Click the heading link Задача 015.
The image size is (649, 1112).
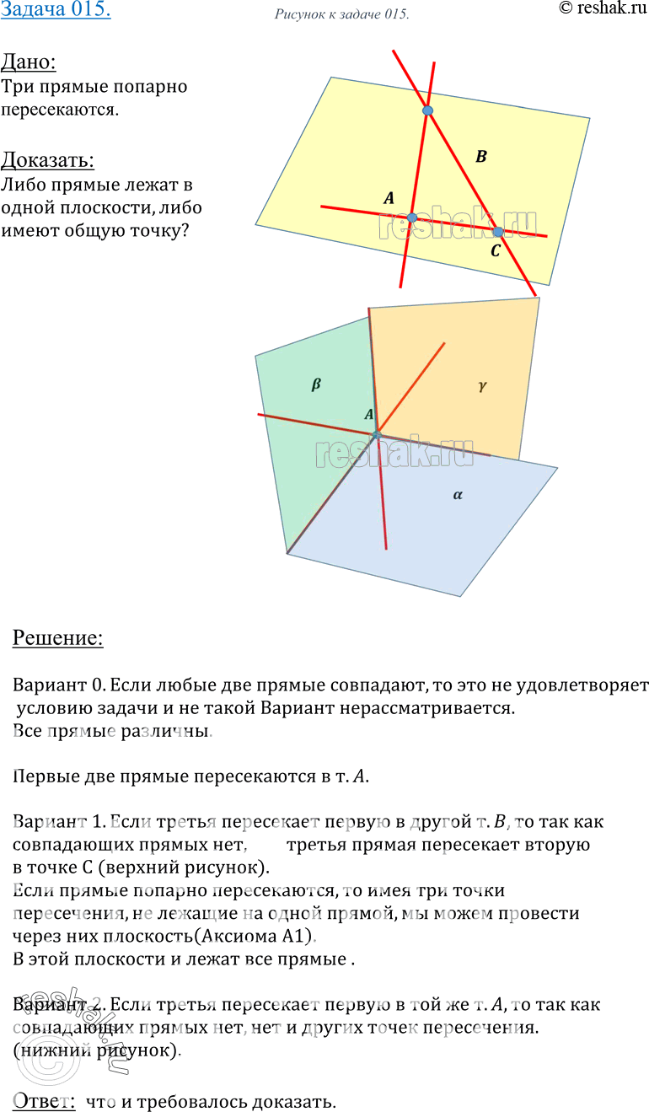point(56,12)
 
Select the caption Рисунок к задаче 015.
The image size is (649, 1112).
point(342,15)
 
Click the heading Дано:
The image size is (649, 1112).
point(29,62)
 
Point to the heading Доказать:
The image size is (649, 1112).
point(47,160)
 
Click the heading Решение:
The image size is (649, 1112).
point(58,639)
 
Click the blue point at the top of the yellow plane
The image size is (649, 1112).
point(428,110)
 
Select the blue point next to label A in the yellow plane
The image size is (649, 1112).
point(412,218)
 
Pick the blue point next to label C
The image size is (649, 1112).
point(498,231)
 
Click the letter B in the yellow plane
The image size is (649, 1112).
point(481,156)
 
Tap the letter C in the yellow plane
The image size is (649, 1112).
point(495,250)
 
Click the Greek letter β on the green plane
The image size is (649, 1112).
point(316,384)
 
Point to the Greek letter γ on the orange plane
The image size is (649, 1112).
point(482,385)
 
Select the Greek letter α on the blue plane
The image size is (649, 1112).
point(458,496)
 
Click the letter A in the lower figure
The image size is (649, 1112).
point(368,414)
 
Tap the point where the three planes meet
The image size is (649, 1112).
point(377,434)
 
